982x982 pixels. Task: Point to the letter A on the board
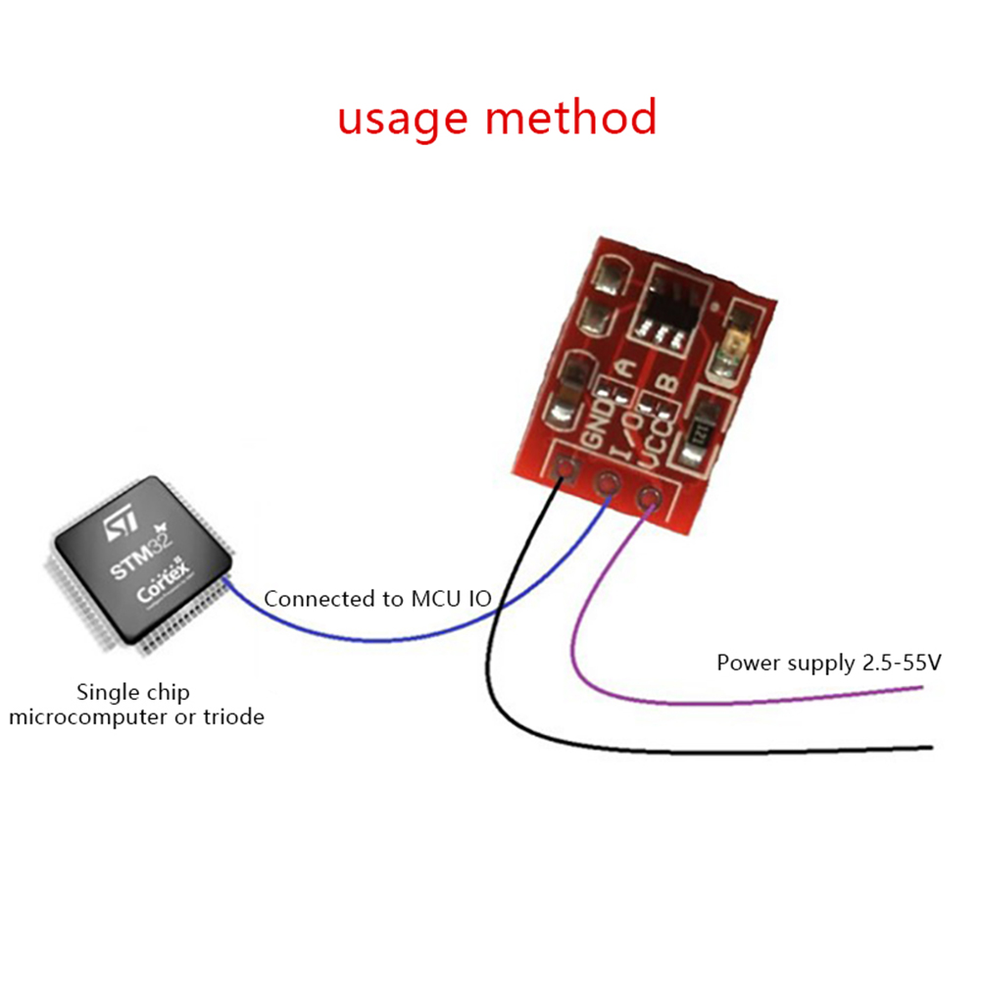(626, 369)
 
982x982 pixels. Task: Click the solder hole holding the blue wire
(608, 483)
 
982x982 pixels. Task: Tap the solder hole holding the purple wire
(647, 499)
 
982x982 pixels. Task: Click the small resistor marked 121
(701, 432)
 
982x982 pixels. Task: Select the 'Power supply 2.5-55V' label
(828, 663)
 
